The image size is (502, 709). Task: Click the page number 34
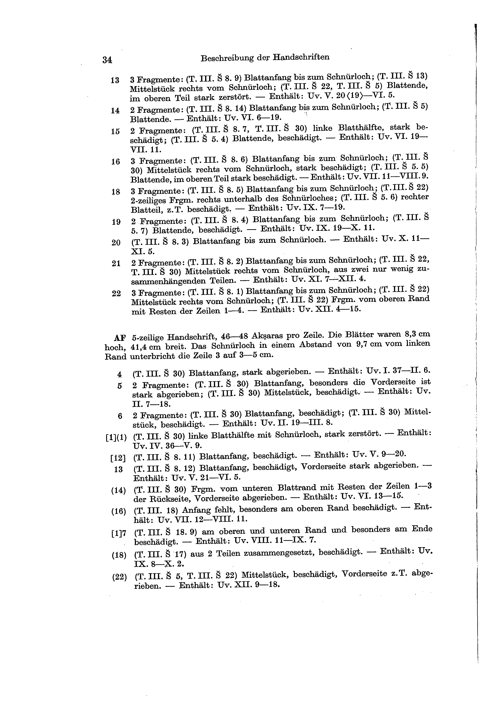click(x=107, y=60)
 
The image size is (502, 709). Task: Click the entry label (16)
click(x=119, y=510)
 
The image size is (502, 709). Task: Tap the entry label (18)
click(x=119, y=555)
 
